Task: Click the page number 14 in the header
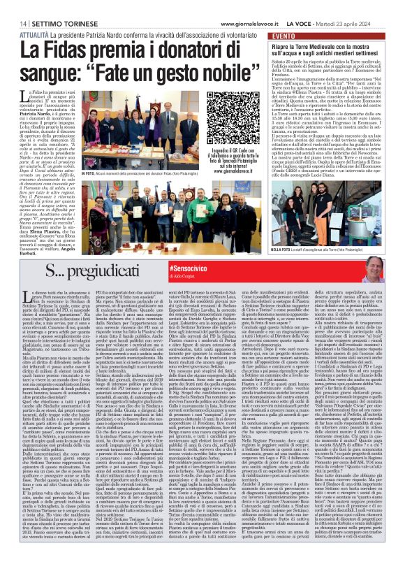(13, 6)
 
